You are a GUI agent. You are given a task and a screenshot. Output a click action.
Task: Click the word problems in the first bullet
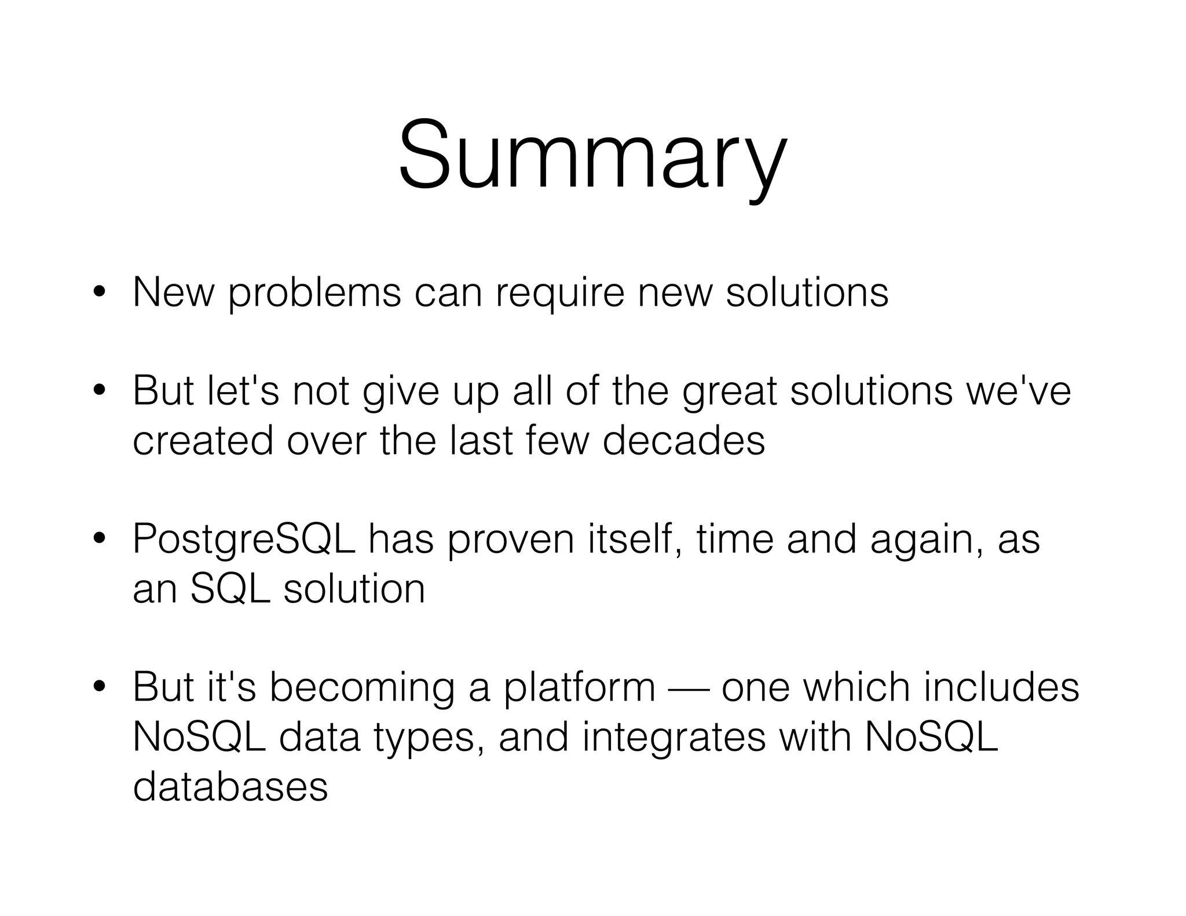313,293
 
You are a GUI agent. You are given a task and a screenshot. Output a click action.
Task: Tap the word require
559,293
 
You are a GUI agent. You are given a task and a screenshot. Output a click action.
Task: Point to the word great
729,391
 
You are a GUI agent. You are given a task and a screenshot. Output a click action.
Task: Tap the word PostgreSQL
243,540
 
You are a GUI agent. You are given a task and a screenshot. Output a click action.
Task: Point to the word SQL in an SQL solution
230,589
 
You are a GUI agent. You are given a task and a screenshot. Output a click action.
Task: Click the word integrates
673,738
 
